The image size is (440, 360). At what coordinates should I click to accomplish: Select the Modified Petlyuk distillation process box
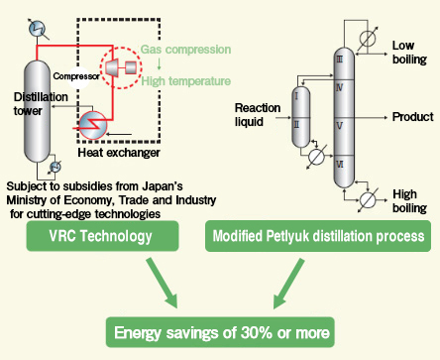[316, 237]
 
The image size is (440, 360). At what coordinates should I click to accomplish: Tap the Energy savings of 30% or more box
[220, 329]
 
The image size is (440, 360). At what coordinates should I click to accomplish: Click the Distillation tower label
[40, 103]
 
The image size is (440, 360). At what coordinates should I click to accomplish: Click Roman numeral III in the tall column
[340, 60]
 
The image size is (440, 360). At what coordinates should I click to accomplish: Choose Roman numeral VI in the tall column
[340, 163]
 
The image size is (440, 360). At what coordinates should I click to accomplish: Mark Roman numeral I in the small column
[296, 96]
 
